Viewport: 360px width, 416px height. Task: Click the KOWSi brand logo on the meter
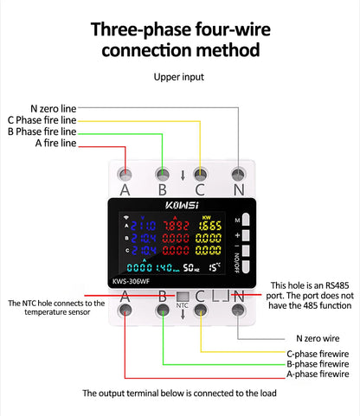182,206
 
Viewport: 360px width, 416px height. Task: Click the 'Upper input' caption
179,77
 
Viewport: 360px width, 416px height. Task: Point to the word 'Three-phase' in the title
137,30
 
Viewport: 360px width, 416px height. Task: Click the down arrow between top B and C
182,176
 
